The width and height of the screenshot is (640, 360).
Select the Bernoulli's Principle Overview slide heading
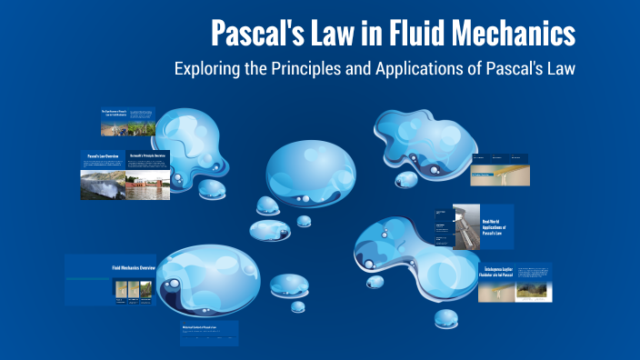coord(147,156)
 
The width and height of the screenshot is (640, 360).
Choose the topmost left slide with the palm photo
coord(126,122)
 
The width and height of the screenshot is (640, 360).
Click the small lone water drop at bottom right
coord(446,318)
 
